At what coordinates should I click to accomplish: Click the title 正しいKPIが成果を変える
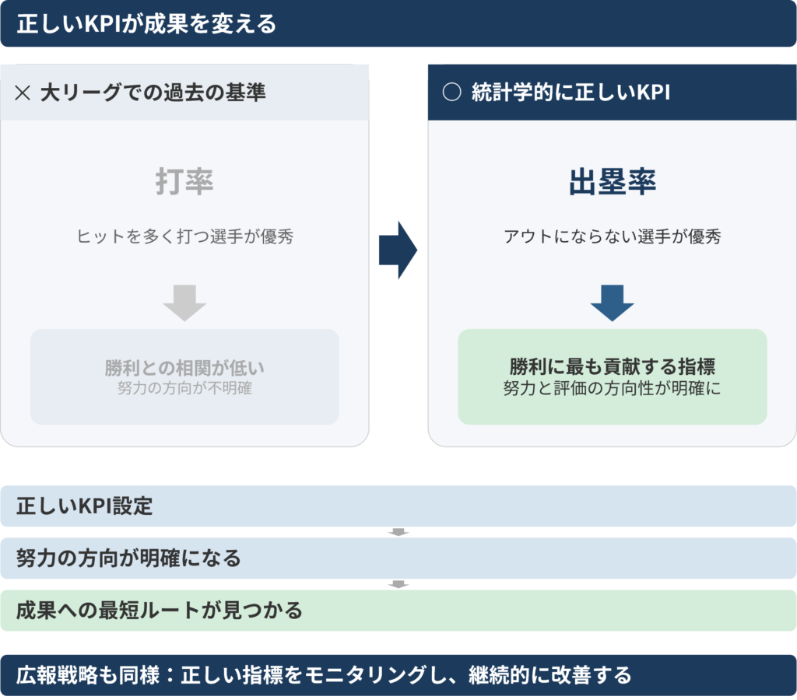pos(146,24)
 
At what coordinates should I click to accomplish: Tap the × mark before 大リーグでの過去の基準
pos(23,93)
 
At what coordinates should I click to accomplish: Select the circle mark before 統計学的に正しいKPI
pos(452,93)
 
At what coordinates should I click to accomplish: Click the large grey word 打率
pos(184,181)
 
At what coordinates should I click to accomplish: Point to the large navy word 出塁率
pos(613,181)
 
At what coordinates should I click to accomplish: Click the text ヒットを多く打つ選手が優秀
pos(185,236)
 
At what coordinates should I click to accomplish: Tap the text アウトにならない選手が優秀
pos(613,236)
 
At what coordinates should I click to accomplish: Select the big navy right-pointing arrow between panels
pos(398,250)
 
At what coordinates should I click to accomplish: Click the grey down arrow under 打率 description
pos(184,303)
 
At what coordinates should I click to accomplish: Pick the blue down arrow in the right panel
pos(612,303)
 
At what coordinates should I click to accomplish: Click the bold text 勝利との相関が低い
pos(184,368)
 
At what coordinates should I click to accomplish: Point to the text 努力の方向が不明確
pos(184,388)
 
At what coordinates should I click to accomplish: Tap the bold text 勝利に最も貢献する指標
pos(613,366)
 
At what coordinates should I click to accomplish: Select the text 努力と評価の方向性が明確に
pos(613,388)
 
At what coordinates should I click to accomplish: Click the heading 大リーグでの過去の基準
pos(153,93)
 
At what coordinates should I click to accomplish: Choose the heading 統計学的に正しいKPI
pos(571,93)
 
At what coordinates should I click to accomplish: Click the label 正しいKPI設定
pos(84,506)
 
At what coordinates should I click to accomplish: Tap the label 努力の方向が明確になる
pos(128,558)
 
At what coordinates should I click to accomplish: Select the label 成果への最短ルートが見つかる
pos(160,610)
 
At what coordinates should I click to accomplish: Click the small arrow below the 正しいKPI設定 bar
pos(398,532)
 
